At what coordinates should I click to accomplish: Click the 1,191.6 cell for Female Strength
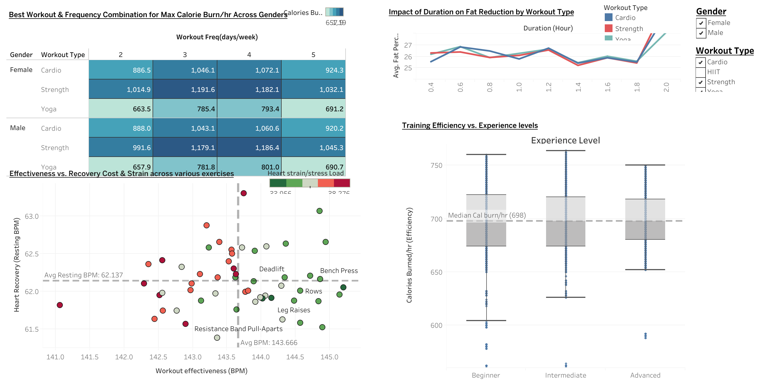tap(185, 89)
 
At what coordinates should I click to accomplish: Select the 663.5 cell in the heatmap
tap(121, 109)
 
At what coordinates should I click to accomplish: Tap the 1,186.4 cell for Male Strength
tap(249, 148)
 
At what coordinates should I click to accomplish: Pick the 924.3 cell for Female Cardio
tap(313, 70)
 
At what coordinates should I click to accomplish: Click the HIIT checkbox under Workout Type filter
tap(700, 72)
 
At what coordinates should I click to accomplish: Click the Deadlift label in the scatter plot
tap(271, 269)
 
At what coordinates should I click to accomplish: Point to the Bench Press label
tap(339, 271)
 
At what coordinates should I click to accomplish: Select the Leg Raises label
tap(294, 310)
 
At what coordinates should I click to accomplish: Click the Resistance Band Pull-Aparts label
tap(238, 329)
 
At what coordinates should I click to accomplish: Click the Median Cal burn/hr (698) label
tap(487, 215)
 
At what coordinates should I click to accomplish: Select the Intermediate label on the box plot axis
tap(565, 375)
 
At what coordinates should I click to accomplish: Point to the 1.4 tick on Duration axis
tap(578, 87)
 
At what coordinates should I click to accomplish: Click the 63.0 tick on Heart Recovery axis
tap(32, 216)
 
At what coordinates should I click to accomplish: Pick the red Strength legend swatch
tap(608, 28)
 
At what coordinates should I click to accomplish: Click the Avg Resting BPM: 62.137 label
tap(84, 275)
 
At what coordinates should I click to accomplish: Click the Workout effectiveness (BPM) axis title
tap(202, 371)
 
